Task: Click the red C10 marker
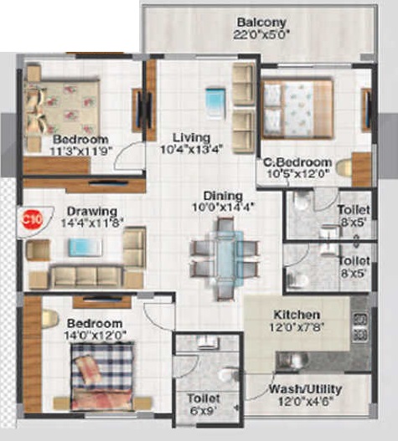[33, 218]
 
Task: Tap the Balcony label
[261, 23]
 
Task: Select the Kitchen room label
[297, 315]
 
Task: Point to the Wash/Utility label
[305, 389]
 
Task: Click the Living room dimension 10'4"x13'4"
[192, 149]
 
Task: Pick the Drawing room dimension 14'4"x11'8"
[92, 223]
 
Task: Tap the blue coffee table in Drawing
[85, 247]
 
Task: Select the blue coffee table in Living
[216, 102]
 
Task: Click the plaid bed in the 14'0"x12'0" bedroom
[102, 376]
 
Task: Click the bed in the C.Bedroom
[297, 109]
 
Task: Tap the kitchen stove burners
[360, 327]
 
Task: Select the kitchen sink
[295, 361]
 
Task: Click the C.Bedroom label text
[297, 162]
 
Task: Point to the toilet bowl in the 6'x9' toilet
[229, 374]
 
